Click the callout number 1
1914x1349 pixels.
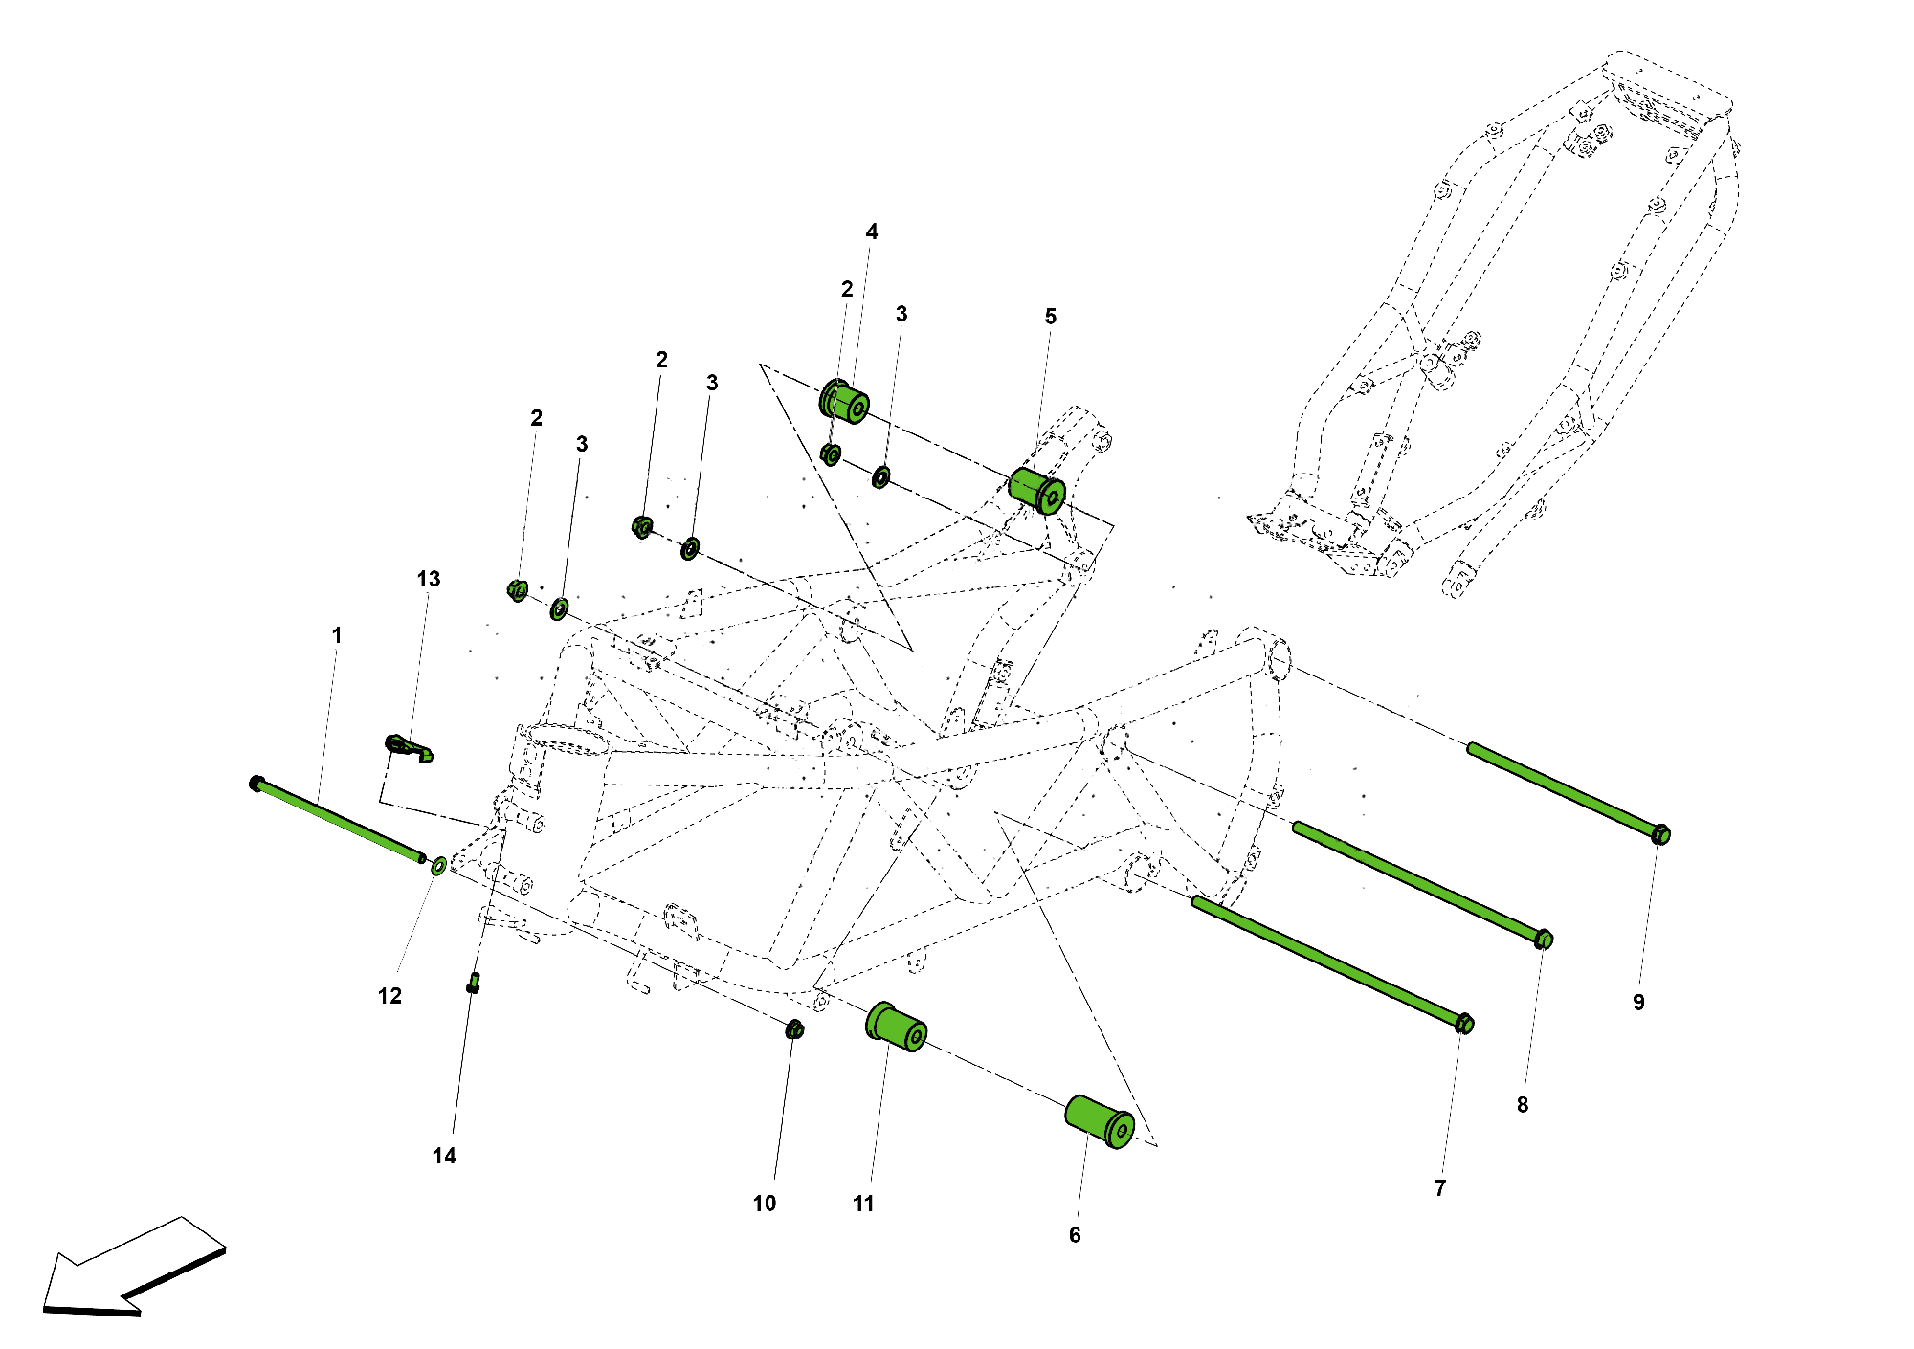[336, 635]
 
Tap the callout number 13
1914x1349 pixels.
[428, 579]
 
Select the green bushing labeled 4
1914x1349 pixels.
[844, 400]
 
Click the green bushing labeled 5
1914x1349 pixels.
[1037, 491]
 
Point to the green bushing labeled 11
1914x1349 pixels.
[896, 1028]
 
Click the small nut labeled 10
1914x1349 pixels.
[794, 1029]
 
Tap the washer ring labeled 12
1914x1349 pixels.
[438, 866]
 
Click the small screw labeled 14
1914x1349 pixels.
[473, 983]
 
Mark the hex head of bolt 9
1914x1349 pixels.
[1661, 834]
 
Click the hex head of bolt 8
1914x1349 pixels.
[1544, 940]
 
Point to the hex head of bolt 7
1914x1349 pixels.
[1464, 1024]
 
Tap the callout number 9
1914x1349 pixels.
[1638, 1003]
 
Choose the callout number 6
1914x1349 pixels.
[1075, 1235]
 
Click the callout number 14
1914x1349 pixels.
[444, 1156]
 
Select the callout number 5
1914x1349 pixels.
[1050, 317]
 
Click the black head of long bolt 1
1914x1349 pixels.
[256, 784]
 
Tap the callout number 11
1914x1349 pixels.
[863, 1204]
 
